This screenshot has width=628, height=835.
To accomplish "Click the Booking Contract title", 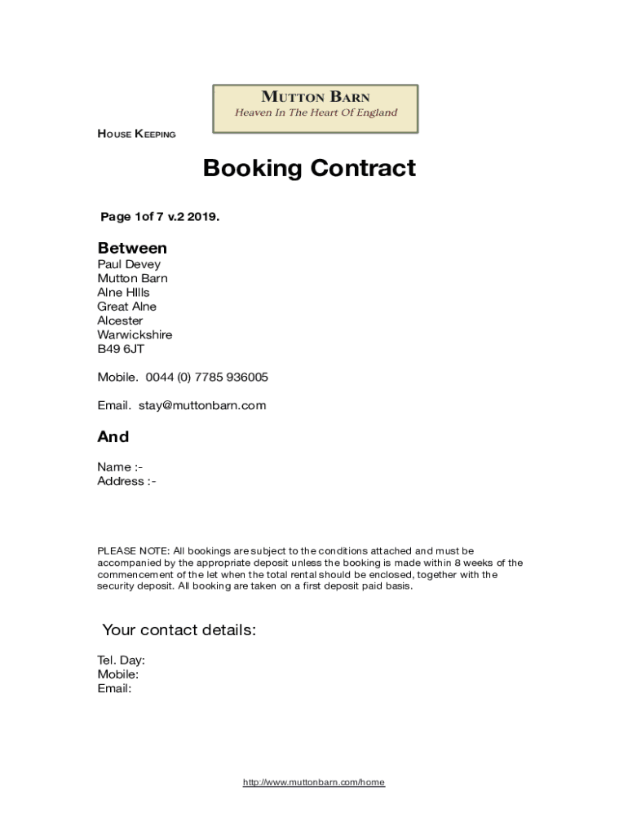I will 309,168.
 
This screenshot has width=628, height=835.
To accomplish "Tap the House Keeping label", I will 136,135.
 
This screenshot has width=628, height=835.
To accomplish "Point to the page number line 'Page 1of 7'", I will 160,217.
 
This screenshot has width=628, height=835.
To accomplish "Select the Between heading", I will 132,248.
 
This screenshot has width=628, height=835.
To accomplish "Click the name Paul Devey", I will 129,264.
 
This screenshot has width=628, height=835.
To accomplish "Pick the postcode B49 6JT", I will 121,348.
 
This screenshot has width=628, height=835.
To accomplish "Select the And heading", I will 113,436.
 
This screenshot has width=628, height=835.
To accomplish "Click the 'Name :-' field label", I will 120,466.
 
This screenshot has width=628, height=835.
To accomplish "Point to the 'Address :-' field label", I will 126,481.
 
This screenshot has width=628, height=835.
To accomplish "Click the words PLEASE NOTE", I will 134,551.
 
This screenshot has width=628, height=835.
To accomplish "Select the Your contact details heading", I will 179,630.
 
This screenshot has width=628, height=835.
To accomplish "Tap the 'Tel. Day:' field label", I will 122,660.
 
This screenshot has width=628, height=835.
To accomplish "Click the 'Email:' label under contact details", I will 114,688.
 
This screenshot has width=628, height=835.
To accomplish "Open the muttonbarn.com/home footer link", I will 314,783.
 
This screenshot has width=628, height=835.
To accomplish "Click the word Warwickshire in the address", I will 135,334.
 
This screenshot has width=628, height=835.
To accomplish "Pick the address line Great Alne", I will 126,307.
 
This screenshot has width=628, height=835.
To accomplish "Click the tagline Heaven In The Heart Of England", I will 316,113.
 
